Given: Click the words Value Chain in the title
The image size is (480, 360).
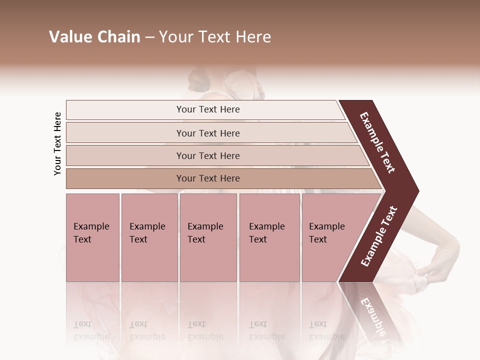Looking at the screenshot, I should [94, 37].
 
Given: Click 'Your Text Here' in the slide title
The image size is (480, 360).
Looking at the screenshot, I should [215, 37].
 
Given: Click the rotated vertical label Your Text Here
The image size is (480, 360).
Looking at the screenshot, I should [57, 144].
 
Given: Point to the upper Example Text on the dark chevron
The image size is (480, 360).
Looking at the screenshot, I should [377, 142].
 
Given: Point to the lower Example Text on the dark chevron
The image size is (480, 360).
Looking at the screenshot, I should [379, 236].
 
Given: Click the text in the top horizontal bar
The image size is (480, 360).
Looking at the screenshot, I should [208, 109].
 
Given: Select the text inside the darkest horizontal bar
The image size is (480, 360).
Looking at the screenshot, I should [208, 178].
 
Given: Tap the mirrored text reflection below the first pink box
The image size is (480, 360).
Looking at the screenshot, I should [91, 330].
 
